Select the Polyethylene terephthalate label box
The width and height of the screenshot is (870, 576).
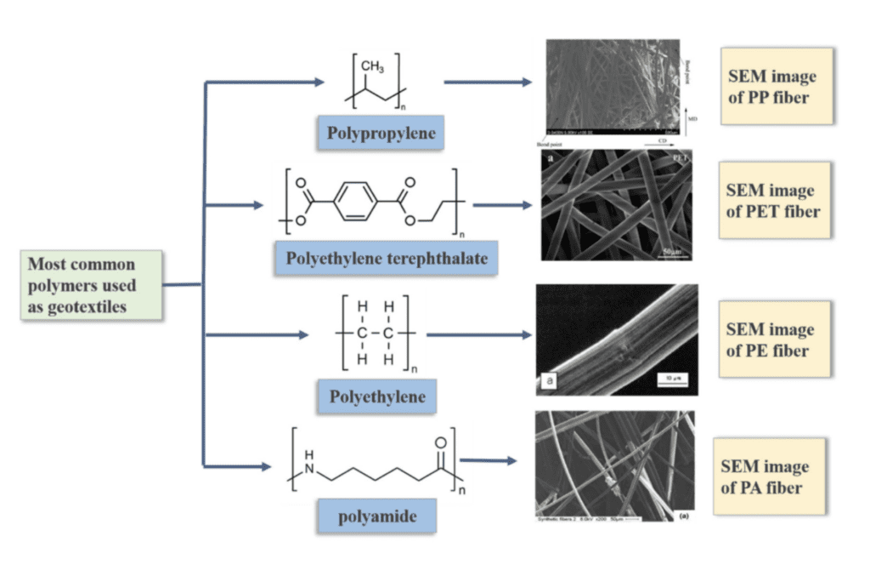coord(386,257)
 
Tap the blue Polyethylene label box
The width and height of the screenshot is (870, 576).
coord(377,396)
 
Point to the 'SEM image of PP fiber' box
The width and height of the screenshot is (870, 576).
coord(771,86)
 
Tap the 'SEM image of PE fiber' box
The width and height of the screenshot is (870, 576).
coord(771,339)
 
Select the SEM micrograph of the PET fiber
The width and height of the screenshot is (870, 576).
coord(617,205)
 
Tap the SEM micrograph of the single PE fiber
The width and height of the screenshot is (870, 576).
coord(616,339)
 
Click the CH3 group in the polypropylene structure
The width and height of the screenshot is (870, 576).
coord(372,66)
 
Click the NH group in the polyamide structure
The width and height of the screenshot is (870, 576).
coord(309,459)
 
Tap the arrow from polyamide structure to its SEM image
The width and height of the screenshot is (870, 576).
coord(489,460)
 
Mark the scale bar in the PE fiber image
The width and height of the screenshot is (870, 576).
coord(670,376)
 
